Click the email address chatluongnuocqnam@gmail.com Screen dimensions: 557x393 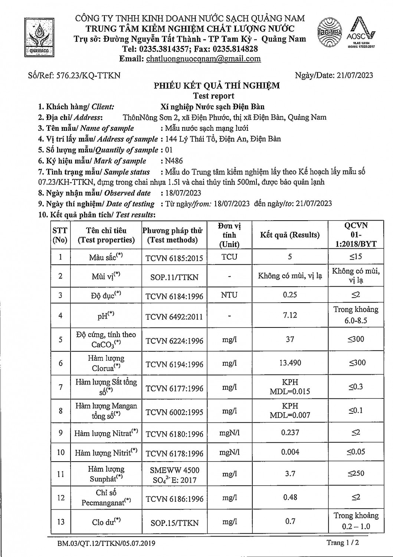pyautogui.click(x=203, y=59)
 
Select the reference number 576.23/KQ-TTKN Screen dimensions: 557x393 pyautogui.click(x=74, y=75)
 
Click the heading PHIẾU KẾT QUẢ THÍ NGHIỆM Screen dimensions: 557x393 pyautogui.click(x=217, y=86)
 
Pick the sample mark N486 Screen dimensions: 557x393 pyautogui.click(x=174, y=161)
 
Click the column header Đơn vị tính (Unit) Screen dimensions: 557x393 pyautogui.click(x=229, y=235)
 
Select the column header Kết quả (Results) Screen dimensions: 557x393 pyautogui.click(x=290, y=235)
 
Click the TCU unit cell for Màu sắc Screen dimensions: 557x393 pyautogui.click(x=229, y=257)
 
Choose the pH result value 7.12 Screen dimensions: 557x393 pyautogui.click(x=290, y=315)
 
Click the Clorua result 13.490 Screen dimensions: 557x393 pyautogui.click(x=290, y=363)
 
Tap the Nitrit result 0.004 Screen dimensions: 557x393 pyautogui.click(x=290, y=452)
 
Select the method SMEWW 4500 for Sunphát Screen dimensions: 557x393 pyautogui.click(x=174, y=470)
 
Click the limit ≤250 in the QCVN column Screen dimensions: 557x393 pyautogui.click(x=356, y=473)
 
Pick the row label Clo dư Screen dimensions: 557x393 pyautogui.click(x=107, y=522)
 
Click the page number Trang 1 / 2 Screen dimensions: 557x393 pyautogui.click(x=343, y=543)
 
